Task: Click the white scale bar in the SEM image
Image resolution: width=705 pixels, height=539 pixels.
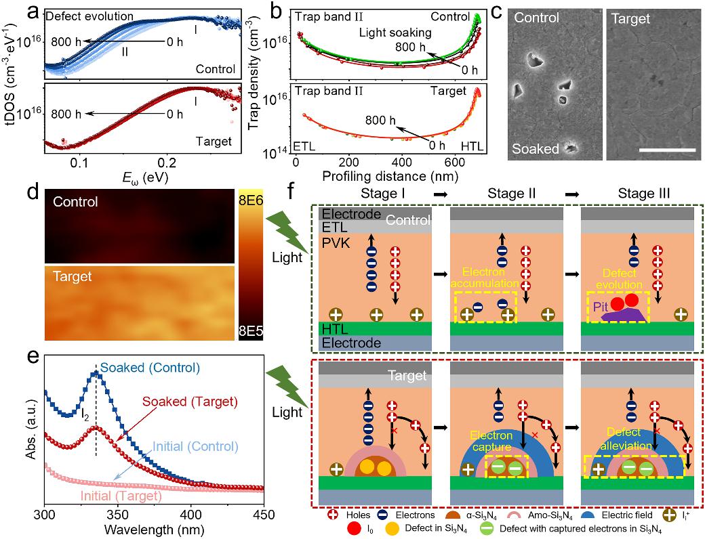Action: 668,149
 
